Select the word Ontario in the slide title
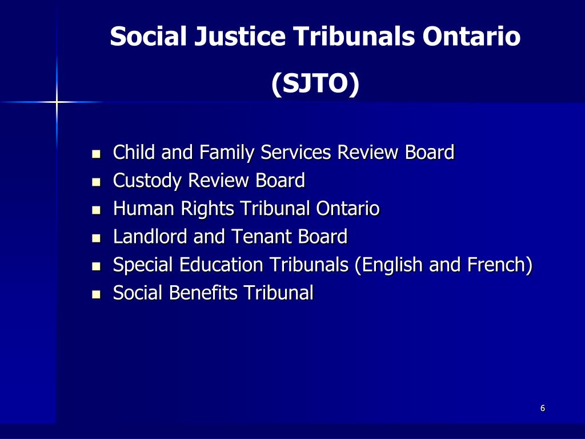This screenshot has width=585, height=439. [x=471, y=37]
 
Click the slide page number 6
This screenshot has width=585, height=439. [x=542, y=408]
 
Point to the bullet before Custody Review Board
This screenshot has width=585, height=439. [x=96, y=182]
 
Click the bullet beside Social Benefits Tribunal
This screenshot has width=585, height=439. [x=96, y=295]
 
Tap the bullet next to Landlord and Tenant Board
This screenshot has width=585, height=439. [x=96, y=238]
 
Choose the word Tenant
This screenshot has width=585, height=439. [x=260, y=237]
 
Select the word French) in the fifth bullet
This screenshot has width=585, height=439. [x=500, y=265]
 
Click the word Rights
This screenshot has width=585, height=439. [x=208, y=209]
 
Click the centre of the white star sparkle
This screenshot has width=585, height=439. [x=57, y=102]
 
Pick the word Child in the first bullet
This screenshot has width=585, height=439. [x=134, y=153]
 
